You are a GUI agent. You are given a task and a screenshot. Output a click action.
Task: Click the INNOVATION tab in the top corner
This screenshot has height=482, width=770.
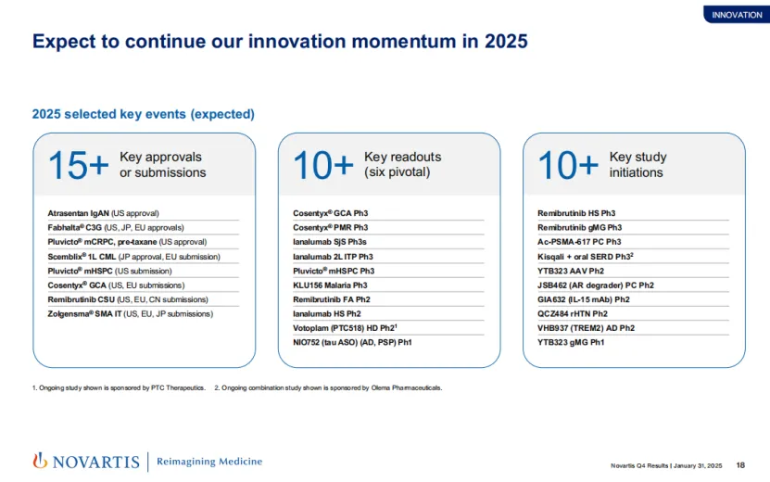pos(737,15)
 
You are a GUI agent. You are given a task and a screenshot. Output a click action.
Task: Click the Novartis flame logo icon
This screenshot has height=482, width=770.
pos(40,461)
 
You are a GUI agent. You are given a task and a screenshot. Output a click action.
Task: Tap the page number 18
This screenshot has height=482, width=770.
pos(740,465)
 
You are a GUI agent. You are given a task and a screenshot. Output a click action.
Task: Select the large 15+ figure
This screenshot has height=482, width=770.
pos(78,165)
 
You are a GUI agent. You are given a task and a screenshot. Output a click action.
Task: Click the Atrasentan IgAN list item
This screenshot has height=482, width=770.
pos(103,213)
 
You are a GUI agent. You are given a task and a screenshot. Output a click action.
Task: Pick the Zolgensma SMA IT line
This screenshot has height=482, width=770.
pos(130,314)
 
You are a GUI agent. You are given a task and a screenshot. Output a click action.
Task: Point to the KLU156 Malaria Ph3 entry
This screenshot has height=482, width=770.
pos(330,285)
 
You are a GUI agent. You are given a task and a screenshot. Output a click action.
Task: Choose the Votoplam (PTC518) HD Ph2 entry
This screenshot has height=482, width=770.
pos(345,328)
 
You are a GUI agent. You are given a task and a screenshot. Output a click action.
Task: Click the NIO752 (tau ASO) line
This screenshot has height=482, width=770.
pos(352,342)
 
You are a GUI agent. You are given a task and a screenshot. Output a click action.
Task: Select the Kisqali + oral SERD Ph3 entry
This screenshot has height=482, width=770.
pos(586,257)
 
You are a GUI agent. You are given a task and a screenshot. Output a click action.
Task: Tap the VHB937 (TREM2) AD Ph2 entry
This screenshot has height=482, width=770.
pos(586,328)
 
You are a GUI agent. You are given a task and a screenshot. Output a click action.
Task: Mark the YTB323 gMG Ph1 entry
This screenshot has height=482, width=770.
pos(571,342)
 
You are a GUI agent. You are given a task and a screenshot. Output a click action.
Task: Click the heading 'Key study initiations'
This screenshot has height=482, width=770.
pos(637,165)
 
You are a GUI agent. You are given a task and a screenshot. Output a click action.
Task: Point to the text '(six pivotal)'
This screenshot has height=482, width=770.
pos(397,172)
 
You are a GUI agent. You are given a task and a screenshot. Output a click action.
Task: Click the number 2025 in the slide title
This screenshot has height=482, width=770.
pos(506,42)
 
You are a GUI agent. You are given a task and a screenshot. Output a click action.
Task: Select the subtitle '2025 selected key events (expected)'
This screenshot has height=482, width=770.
pos(144,114)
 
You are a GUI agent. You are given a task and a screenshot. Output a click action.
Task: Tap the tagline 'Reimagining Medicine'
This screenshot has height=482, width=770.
pos(209,462)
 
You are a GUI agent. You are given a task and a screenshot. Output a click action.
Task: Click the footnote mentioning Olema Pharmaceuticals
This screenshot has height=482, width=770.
pos(328,387)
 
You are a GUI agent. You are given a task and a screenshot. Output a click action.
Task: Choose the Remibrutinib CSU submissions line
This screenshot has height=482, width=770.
pos(128,299)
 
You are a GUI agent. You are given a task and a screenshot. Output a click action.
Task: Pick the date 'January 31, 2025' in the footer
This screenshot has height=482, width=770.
pos(698,466)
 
